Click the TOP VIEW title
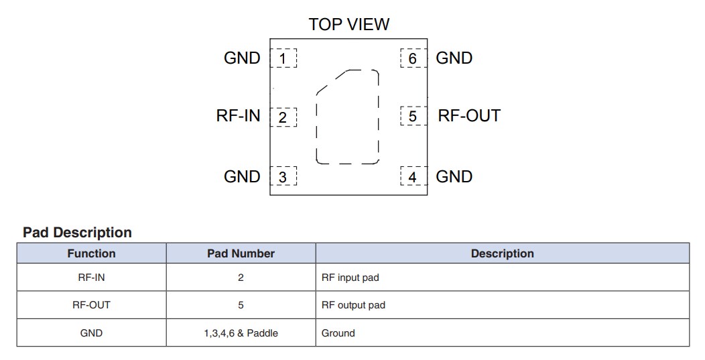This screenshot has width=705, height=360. coord(348,25)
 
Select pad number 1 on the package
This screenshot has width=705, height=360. coord(283,59)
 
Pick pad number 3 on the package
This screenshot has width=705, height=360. coord(283,177)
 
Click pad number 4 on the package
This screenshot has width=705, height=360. coord(413,177)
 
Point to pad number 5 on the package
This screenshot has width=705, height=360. coord(413,117)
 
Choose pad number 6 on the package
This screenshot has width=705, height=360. coord(413,59)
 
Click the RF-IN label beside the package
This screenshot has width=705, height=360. coord(238,116)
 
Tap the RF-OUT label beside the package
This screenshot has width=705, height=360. coord(469,116)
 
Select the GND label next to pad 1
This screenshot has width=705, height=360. coord(242,58)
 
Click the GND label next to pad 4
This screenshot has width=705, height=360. coord(454,177)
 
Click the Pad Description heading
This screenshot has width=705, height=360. coord(77,233)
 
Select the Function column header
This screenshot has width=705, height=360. coord(91,253)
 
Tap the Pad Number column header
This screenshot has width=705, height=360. coord(241,253)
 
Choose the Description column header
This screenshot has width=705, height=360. coord(502,253)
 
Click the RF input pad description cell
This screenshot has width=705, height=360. coord(350,278)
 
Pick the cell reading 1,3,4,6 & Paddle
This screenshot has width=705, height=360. coord(241,333)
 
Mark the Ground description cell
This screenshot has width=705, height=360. coord(338,333)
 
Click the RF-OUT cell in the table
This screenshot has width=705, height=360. coord(91,305)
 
